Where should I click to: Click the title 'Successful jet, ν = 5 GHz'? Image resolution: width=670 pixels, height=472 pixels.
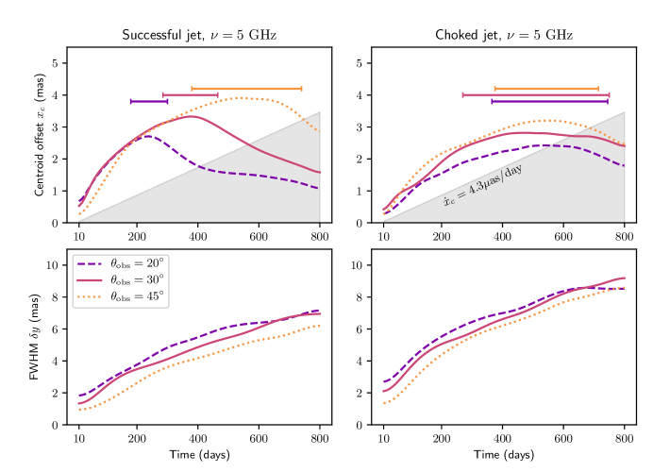pos(198,35)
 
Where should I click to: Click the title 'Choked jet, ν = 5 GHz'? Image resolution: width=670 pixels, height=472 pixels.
pos(504,35)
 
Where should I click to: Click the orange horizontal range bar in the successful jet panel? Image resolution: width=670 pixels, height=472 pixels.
pos(246,88)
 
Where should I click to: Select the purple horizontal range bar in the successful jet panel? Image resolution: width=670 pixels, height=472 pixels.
pos(149,101)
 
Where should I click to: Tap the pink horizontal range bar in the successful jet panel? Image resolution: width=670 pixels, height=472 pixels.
pos(191,94)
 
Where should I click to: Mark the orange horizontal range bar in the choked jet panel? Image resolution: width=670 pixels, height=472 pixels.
pos(546,88)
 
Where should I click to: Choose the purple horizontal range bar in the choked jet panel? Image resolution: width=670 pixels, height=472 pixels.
pos(549,101)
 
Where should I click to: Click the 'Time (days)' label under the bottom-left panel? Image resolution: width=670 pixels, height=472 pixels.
pos(198,454)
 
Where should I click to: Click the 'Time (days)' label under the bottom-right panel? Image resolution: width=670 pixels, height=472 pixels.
pos(504,454)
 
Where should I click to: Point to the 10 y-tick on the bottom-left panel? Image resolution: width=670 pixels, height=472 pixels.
pos(53,265)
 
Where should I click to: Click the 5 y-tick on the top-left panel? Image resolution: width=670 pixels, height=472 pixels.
pos(57,63)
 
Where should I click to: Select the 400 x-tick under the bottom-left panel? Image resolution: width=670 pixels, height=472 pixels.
pos(198,438)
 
